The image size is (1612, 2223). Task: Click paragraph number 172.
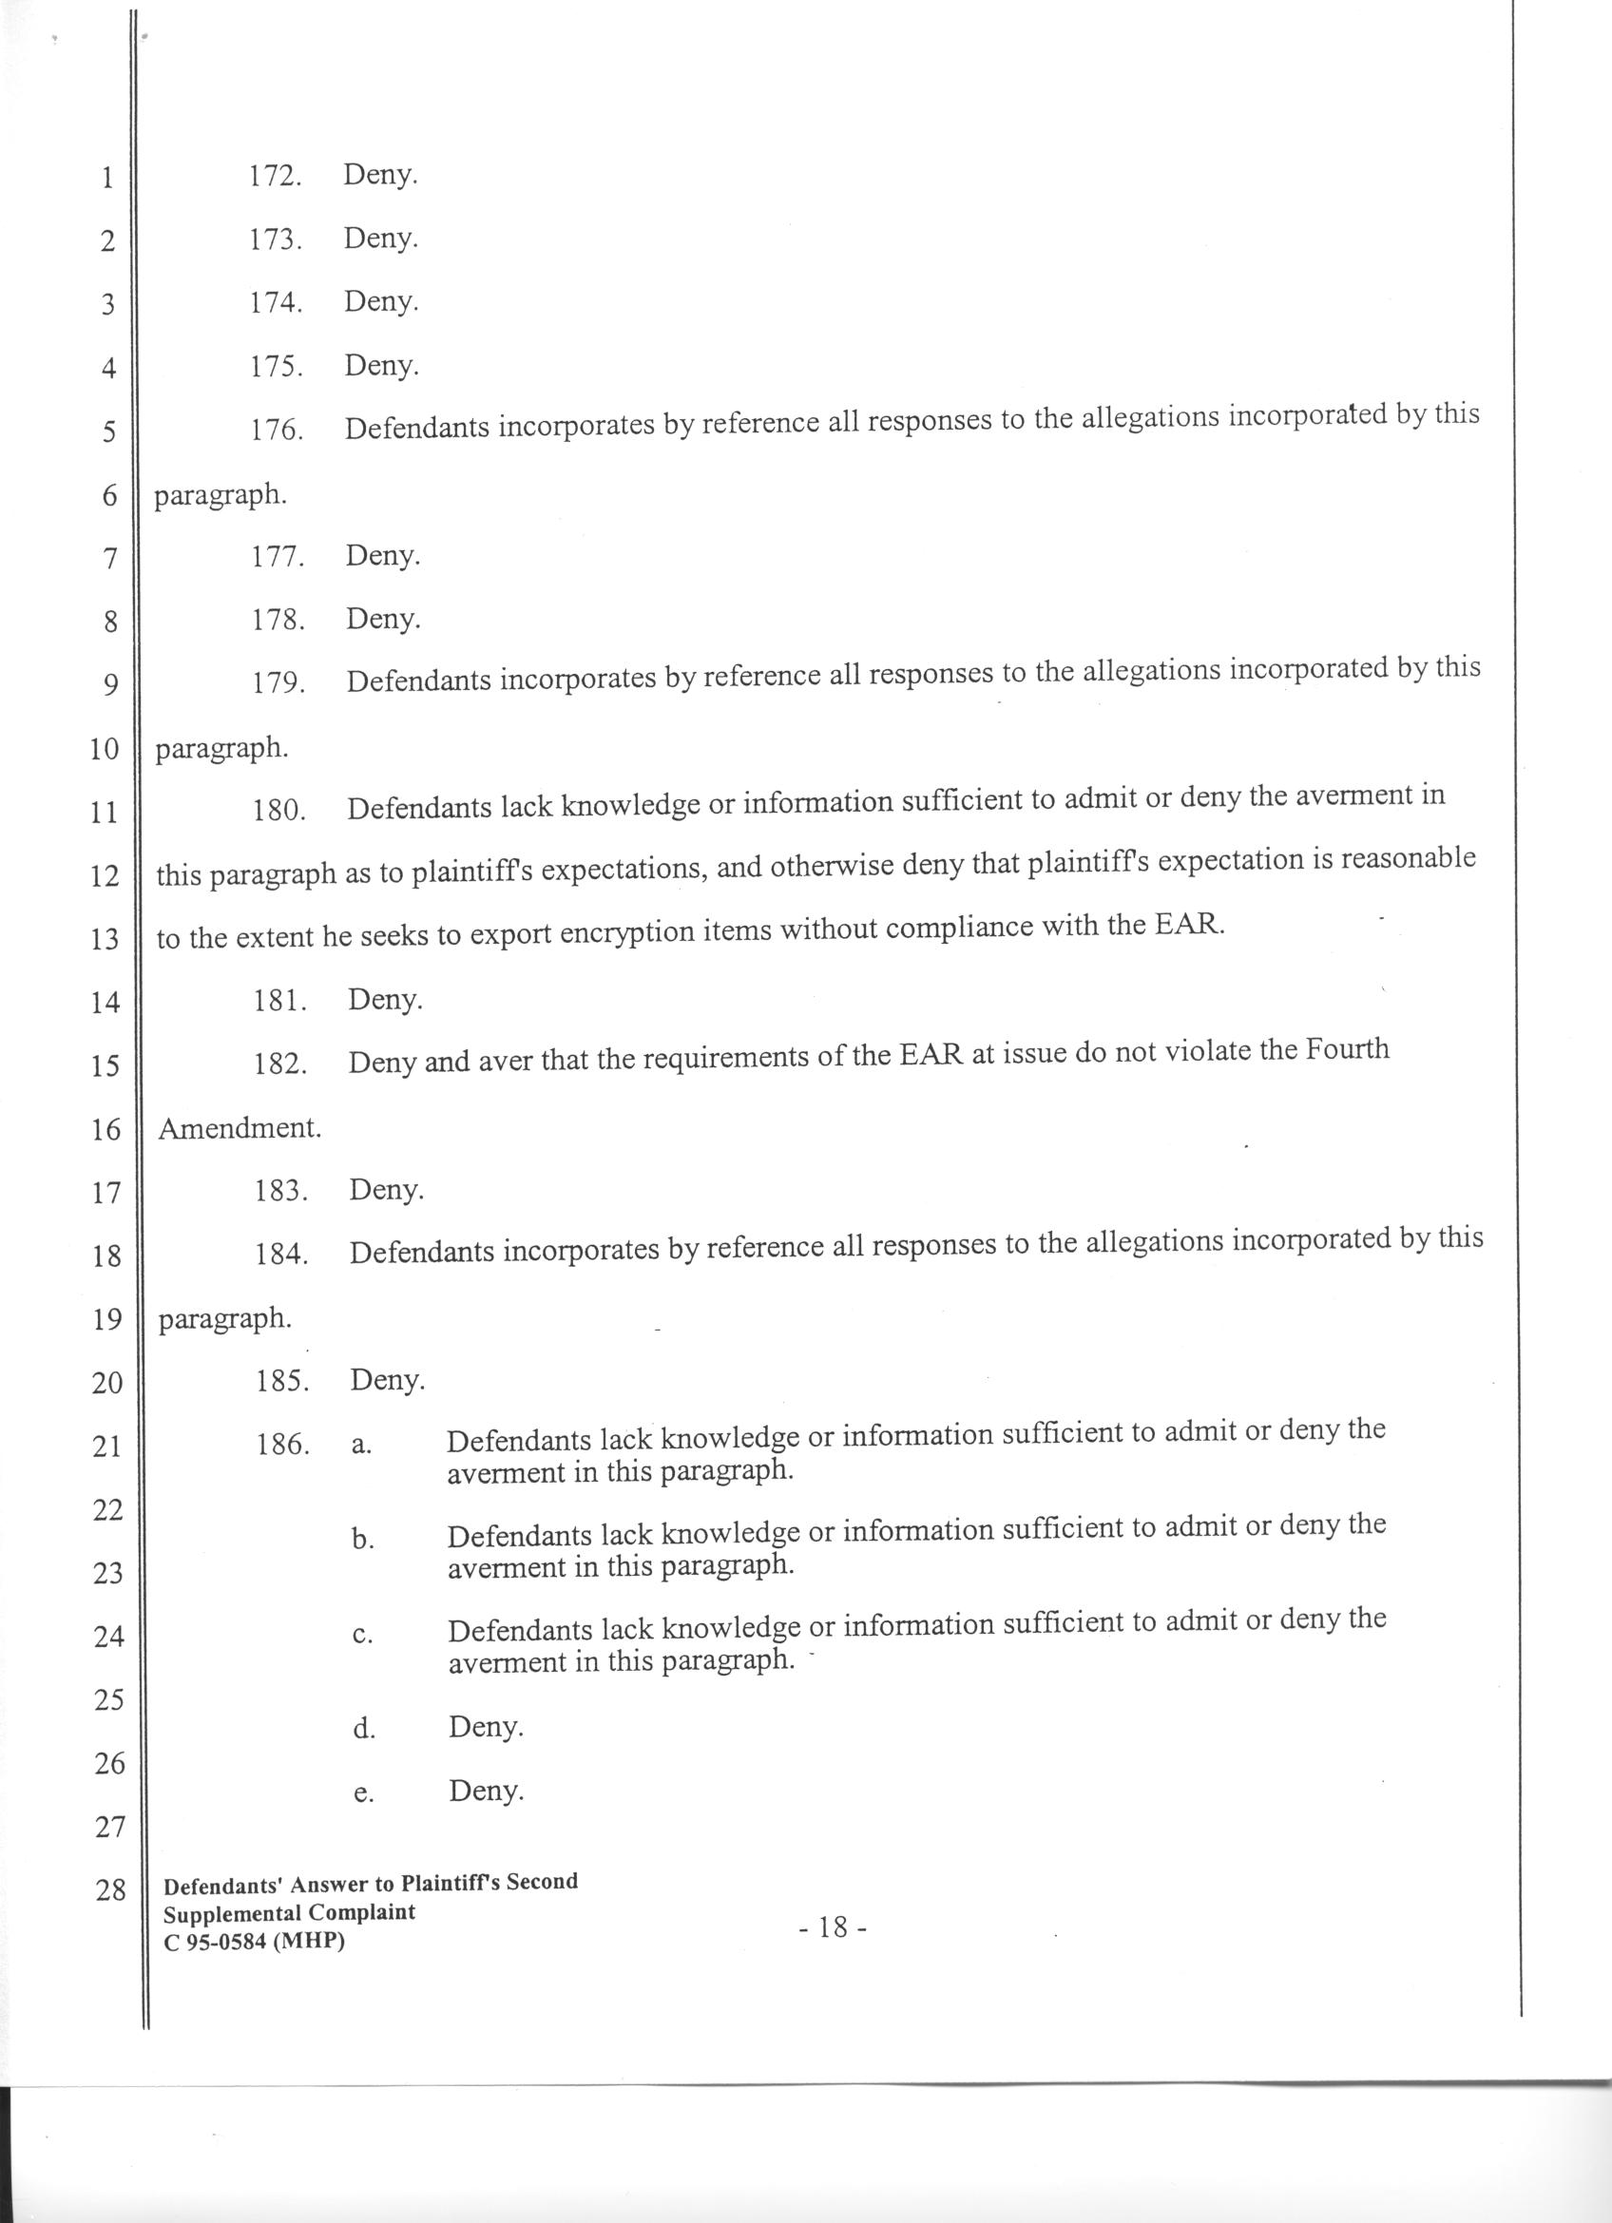pyautogui.click(x=274, y=177)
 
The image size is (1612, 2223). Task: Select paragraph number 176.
pyautogui.click(x=277, y=430)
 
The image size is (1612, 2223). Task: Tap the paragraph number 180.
pyautogui.click(x=279, y=811)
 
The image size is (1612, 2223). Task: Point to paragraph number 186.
pyautogui.click(x=283, y=1444)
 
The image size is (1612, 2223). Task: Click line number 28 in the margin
pyautogui.click(x=109, y=1888)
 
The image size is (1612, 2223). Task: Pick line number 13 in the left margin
pyautogui.click(x=104, y=939)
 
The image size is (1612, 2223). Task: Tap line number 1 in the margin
pyautogui.click(x=107, y=179)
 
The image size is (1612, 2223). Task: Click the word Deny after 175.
pyautogui.click(x=381, y=366)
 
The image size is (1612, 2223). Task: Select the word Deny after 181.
pyautogui.click(x=385, y=1000)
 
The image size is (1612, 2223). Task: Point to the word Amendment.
pyautogui.click(x=240, y=1128)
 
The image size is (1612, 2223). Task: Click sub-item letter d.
pyautogui.click(x=364, y=1729)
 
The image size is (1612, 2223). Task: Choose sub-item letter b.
pyautogui.click(x=362, y=1541)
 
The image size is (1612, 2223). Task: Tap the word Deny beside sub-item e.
pyautogui.click(x=486, y=1791)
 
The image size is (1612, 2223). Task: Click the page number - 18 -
pyautogui.click(x=832, y=1927)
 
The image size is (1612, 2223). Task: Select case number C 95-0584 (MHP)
pyautogui.click(x=254, y=1940)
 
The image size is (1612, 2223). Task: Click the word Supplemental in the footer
pyautogui.click(x=234, y=1912)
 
